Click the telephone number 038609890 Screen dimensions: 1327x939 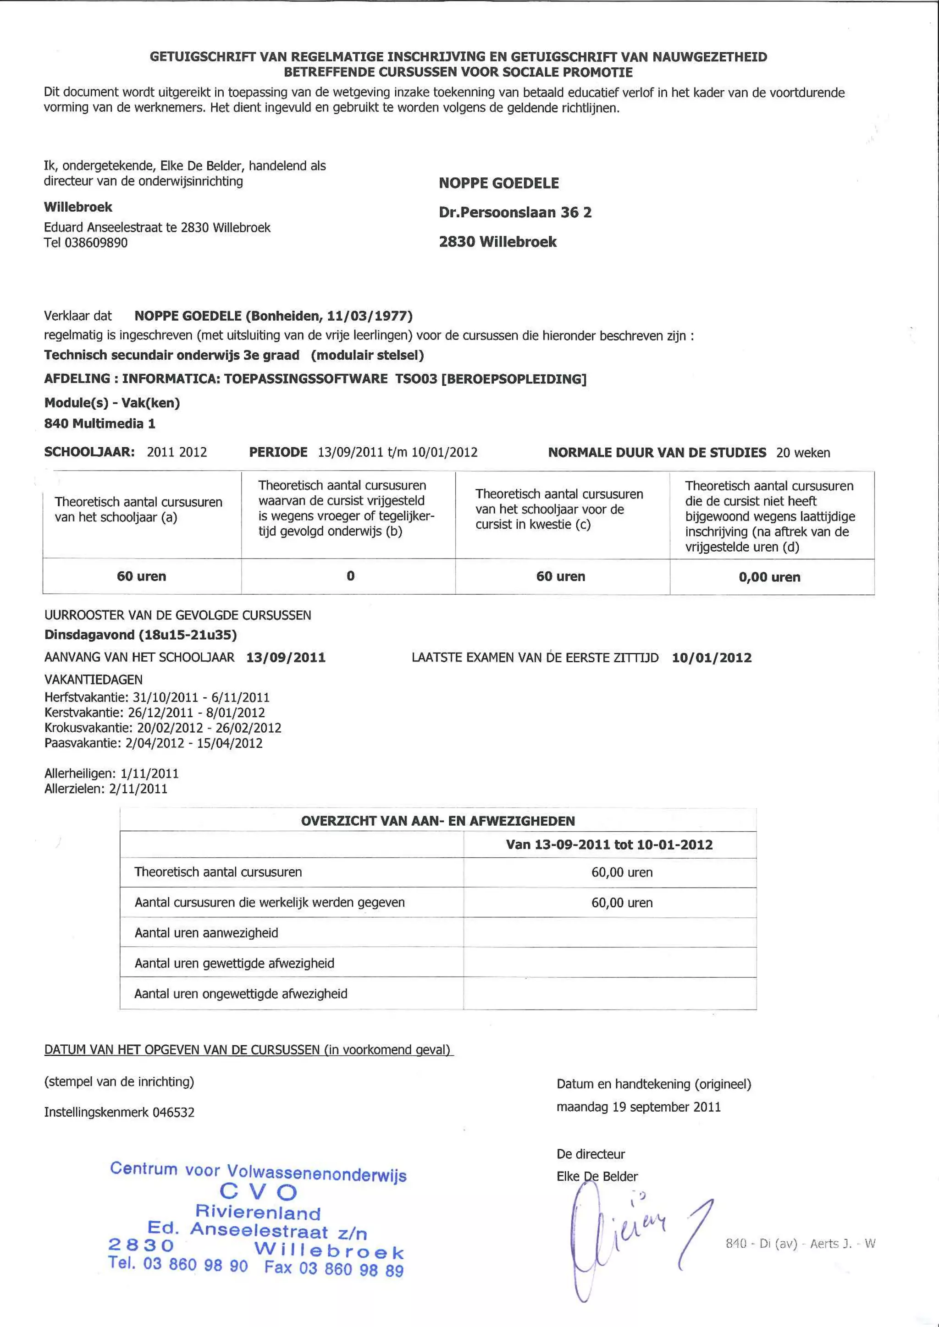96,243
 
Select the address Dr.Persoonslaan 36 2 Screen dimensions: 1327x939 514,212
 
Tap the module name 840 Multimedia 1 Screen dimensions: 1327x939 99,424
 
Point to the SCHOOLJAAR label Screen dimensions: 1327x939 89,452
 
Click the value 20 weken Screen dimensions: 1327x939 803,453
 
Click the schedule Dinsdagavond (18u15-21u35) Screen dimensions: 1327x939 140,635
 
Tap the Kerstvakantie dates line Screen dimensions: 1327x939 155,713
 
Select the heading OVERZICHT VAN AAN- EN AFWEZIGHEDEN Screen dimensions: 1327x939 438,821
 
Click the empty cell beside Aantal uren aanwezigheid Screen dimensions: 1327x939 609,932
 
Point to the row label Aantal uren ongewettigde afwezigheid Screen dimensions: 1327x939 241,993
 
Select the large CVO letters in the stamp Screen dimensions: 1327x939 259,1192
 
